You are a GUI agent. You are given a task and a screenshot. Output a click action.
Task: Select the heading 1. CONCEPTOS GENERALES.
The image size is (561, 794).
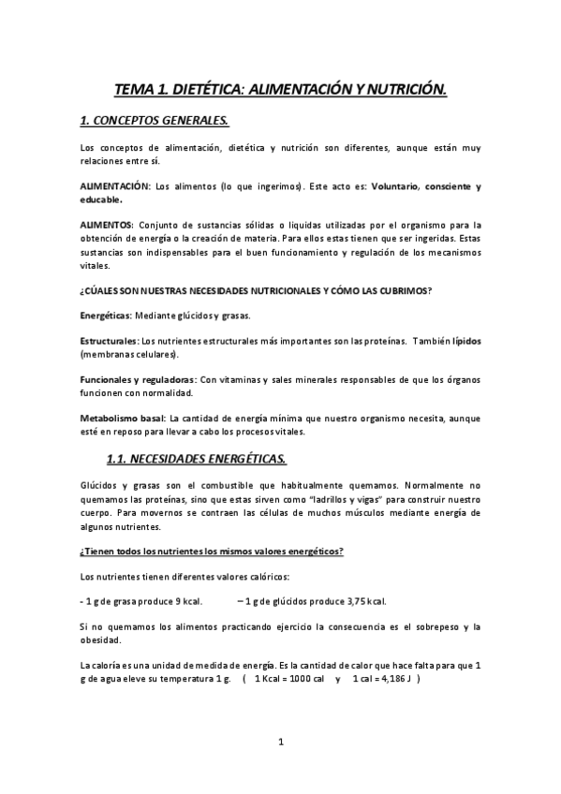[x=155, y=122]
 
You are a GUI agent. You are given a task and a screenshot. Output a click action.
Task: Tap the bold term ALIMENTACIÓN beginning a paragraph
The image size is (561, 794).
[x=115, y=186]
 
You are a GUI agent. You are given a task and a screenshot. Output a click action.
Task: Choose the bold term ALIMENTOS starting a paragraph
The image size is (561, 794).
[x=107, y=225]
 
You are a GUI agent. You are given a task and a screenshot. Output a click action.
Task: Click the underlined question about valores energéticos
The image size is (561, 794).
[x=212, y=551]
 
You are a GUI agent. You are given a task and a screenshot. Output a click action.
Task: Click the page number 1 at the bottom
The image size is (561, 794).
[x=280, y=743]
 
